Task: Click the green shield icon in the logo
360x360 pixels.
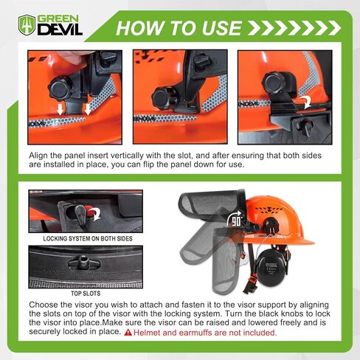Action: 27,25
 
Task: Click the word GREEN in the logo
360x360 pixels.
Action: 60,19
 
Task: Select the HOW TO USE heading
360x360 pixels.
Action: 179,28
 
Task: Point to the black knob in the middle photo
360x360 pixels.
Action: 163,96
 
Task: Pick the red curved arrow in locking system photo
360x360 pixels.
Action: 94,213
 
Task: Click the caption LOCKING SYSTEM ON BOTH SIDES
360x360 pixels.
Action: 77,239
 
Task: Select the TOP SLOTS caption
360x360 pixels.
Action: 77,293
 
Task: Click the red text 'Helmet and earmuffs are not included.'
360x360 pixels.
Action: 215,333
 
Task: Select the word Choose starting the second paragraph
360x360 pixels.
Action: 45,304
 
